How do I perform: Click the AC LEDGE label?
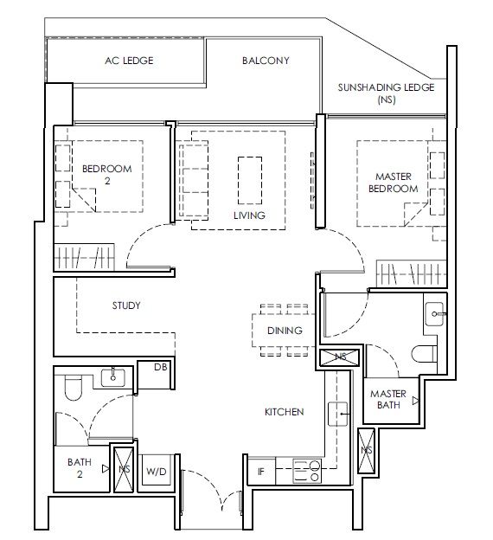point(129,61)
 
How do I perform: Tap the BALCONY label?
point(266,61)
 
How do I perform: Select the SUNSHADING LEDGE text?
point(386,87)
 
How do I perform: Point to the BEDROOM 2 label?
point(107,175)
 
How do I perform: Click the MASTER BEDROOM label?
point(394,183)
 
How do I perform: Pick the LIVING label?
point(249,215)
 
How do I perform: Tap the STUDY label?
point(126,305)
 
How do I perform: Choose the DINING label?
point(285,331)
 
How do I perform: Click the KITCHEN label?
point(284,412)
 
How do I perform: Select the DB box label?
point(160,367)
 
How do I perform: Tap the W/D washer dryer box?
point(157,470)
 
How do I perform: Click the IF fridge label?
point(261,472)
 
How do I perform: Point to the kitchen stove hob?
point(307,471)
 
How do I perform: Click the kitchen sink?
point(337,414)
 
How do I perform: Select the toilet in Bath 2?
point(74,388)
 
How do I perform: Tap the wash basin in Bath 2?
point(113,377)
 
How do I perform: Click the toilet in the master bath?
point(424,354)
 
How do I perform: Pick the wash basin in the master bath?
point(435,314)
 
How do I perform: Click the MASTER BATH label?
point(388,399)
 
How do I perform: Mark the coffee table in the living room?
point(250,181)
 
